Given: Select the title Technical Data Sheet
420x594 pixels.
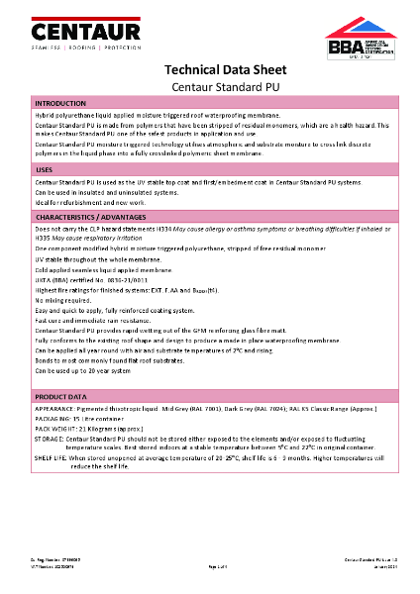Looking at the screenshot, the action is click(210, 71).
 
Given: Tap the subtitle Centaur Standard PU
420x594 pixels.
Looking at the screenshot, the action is click(210, 87).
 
